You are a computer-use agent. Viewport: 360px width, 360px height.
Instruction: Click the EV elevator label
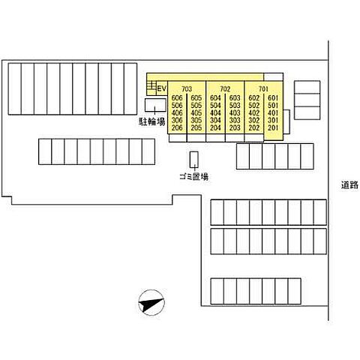pos(162,88)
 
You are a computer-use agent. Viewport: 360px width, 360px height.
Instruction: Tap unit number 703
pos(187,89)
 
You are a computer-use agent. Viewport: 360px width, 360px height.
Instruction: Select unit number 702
pos(225,89)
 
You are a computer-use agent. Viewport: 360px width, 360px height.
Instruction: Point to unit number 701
pos(263,89)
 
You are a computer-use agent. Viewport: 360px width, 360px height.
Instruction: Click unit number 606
pos(177,98)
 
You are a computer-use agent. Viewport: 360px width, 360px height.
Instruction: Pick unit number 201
pos(273,127)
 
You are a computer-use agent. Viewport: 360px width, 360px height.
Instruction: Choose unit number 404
pos(215,113)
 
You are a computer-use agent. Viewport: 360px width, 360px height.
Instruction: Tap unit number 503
pos(235,106)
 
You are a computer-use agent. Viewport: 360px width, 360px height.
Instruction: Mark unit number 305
pos(196,120)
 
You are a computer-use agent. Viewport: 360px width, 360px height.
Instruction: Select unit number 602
pos(253,98)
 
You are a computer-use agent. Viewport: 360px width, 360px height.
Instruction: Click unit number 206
pos(177,127)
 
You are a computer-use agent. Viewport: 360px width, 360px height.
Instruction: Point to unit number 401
pos(273,113)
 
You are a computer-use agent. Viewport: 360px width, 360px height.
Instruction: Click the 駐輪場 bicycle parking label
pos(152,121)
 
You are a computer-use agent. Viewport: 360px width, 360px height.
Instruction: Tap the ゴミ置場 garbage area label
pos(193,177)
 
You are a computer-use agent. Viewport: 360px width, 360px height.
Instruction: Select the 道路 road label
pos(349,185)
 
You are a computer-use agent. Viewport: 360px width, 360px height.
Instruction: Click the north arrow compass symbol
pos(151,302)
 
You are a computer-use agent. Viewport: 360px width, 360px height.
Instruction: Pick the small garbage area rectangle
pos(193,160)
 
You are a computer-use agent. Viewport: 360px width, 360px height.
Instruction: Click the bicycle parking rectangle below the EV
pos(155,105)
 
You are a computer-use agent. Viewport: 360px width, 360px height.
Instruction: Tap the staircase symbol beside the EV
pos(151,85)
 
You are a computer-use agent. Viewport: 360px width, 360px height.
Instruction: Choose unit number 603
pos(235,98)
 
